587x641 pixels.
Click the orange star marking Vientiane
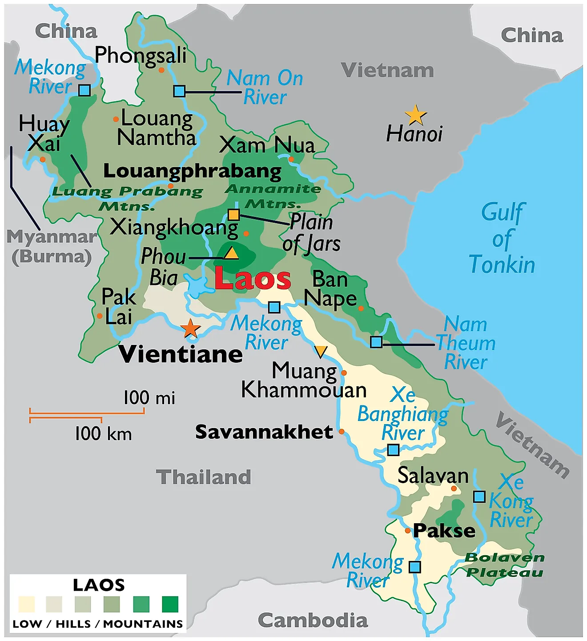pyautogui.click(x=190, y=329)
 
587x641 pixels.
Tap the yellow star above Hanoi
pyautogui.click(x=416, y=115)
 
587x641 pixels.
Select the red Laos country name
pyautogui.click(x=252, y=279)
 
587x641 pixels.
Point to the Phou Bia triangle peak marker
pyautogui.click(x=231, y=253)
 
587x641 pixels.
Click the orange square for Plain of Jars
pyautogui.click(x=233, y=215)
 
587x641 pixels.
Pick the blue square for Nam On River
pyautogui.click(x=179, y=91)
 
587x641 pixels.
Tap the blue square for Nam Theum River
pyautogui.click(x=376, y=342)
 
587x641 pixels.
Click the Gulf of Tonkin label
pyautogui.click(x=502, y=239)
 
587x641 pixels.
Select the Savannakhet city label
pyautogui.click(x=264, y=432)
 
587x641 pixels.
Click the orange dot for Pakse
pyautogui.click(x=407, y=531)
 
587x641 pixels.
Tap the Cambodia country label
pyautogui.click(x=313, y=620)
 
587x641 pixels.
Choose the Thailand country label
pyautogui.click(x=204, y=477)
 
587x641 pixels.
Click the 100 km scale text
pyautogui.click(x=103, y=434)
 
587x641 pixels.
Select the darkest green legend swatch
pyautogui.click(x=170, y=605)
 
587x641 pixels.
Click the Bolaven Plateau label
pyautogui.click(x=505, y=565)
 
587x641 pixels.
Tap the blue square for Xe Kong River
pyautogui.click(x=479, y=497)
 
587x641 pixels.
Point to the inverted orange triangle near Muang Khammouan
pyautogui.click(x=320, y=352)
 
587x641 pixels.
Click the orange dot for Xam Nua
pyautogui.click(x=291, y=159)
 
